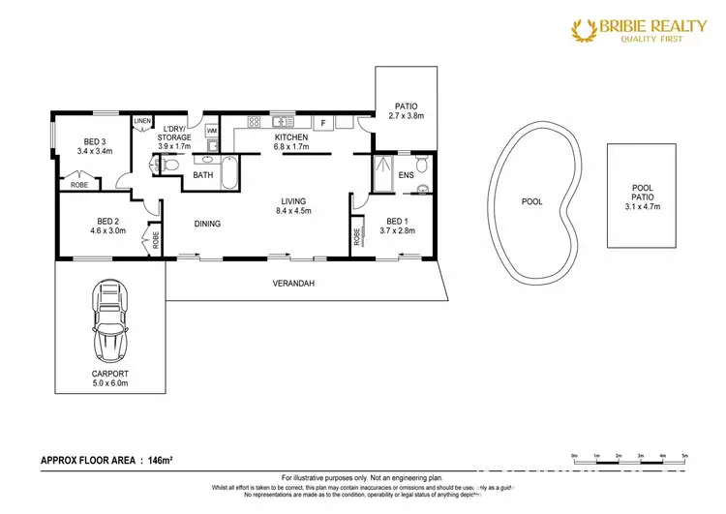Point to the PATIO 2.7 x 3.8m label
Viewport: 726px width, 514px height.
406,110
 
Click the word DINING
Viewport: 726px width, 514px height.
207,224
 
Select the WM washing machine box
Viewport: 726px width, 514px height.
212,129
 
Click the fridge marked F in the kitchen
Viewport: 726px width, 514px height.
323,123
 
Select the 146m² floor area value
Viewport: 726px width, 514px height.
158,459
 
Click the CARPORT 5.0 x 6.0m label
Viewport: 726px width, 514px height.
108,377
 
